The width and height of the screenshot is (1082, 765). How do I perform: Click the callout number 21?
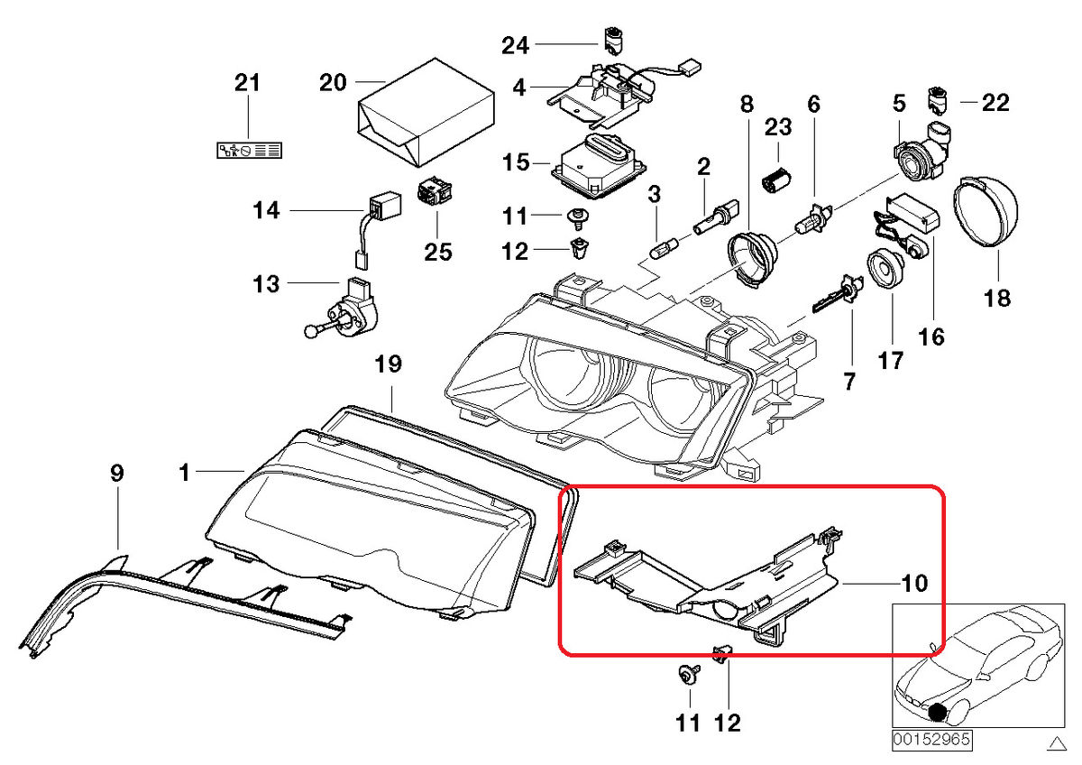coord(247,83)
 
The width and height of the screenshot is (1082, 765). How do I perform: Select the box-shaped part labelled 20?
coord(426,115)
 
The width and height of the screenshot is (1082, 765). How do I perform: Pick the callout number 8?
coord(747,105)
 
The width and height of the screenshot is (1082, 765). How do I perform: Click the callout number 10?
coord(913,584)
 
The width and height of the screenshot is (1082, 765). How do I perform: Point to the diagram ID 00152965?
coord(932,739)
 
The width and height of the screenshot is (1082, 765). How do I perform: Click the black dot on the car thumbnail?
coord(940,712)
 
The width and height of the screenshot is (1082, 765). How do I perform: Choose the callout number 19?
coord(388,364)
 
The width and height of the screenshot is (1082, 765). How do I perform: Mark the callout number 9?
coord(117,473)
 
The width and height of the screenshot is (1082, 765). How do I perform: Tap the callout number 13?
coord(266,285)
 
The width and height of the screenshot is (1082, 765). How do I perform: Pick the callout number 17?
coord(890,361)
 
